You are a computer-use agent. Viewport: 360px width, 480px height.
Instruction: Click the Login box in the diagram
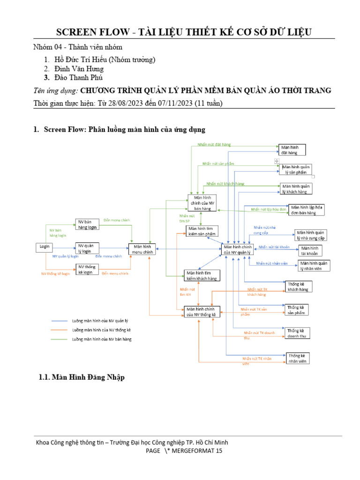[x=44, y=247]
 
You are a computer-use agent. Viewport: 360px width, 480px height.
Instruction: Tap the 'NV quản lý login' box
[x=88, y=248]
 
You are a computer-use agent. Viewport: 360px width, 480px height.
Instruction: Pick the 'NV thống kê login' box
[x=88, y=269]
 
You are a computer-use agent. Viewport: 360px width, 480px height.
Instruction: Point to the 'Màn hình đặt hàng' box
[x=292, y=150]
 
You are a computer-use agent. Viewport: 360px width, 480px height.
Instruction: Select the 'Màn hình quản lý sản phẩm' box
[x=296, y=169]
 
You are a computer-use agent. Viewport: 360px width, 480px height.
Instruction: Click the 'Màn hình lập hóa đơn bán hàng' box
[x=308, y=210]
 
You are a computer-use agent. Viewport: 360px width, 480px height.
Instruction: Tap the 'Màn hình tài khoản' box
[x=309, y=250]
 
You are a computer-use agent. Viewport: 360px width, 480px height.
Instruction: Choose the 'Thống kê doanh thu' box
[x=298, y=333]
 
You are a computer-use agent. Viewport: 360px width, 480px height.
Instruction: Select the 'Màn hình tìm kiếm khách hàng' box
[x=201, y=275]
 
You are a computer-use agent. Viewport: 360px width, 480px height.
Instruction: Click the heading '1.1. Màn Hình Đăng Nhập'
[x=82, y=377]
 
